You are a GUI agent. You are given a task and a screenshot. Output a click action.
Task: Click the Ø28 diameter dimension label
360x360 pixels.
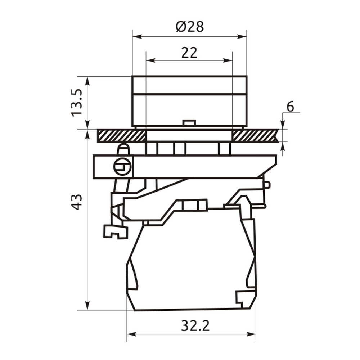point(190,27)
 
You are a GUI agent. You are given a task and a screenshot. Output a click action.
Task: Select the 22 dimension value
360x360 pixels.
point(189,53)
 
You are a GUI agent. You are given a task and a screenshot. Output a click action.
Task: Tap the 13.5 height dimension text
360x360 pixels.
point(77,103)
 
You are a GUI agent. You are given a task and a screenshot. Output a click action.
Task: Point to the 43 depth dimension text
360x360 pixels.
point(76,202)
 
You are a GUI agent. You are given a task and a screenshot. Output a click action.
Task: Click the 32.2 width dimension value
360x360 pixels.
point(195,325)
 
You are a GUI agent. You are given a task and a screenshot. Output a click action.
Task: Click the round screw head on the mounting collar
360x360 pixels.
point(122,166)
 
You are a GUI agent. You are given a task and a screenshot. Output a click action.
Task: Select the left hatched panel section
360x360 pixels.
point(121,136)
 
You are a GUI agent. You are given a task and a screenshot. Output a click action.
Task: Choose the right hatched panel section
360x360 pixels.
point(255,136)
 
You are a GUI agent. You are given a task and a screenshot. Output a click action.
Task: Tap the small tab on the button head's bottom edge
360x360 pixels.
point(189,123)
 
